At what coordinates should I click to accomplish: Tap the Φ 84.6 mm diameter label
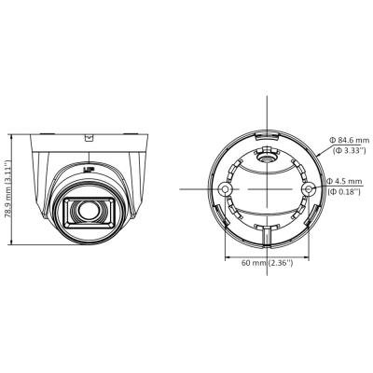tap(349, 140)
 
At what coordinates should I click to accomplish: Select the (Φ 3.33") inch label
tap(349, 151)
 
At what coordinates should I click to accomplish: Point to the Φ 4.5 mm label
tap(344, 181)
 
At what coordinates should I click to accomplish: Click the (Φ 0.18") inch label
tap(344, 192)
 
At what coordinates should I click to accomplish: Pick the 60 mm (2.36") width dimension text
tap(268, 263)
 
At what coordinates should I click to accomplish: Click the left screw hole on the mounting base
tap(225, 188)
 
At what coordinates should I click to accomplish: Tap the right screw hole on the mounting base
tap(309, 188)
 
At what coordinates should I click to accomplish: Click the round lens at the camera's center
tap(89, 211)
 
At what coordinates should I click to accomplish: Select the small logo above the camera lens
tap(89, 170)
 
